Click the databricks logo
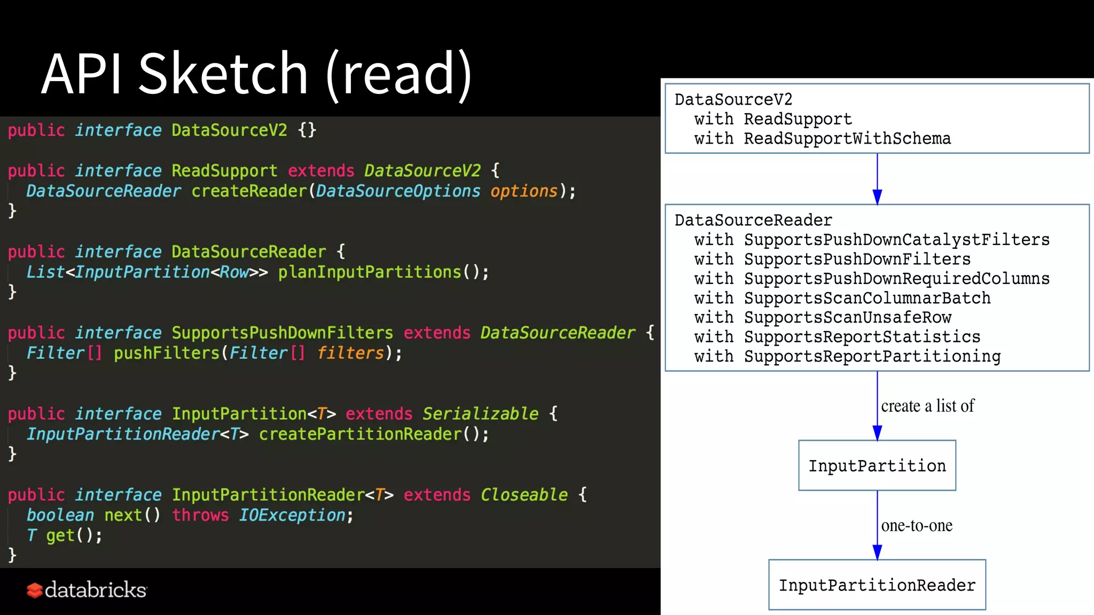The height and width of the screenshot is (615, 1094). coord(87,590)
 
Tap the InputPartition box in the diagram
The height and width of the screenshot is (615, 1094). coord(877,466)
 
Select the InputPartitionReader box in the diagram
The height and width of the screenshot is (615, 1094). coord(877,585)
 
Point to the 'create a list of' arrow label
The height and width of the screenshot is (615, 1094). coord(927,406)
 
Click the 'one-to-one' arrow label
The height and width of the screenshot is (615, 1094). coord(917,526)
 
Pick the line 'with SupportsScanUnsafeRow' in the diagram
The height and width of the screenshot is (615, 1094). coord(823,318)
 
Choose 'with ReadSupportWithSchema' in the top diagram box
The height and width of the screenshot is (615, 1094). coord(823,139)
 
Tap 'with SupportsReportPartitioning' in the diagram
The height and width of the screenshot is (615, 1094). coord(847,356)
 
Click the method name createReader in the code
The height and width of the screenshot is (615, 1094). coord(249,191)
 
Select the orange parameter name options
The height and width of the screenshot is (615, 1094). coord(523,191)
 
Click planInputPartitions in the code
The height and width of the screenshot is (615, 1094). coord(370,272)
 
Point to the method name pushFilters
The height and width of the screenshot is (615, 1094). coord(167,353)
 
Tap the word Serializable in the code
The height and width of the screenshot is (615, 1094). coord(480,414)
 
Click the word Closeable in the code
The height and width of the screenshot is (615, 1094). coord(524,495)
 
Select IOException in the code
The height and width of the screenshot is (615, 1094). coord(292,515)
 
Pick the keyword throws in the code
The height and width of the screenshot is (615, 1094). coord(200,515)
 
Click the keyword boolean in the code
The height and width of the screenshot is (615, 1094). coord(60,515)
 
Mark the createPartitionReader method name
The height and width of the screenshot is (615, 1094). coord(360,434)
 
